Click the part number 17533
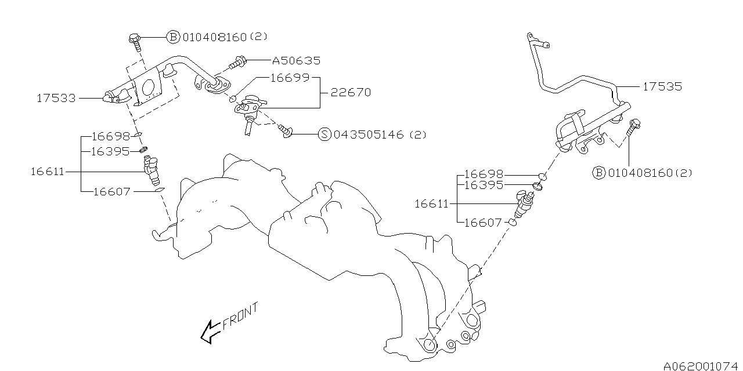click(x=56, y=99)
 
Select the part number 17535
click(x=662, y=87)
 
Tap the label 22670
click(x=350, y=92)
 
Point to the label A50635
click(x=295, y=60)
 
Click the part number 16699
click(x=290, y=78)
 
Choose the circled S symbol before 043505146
click(x=324, y=134)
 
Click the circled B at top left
click(x=173, y=37)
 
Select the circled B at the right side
click(x=598, y=172)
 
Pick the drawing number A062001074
click(x=701, y=365)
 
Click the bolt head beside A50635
click(x=240, y=60)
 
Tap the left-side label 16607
click(x=111, y=191)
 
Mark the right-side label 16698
click(x=483, y=174)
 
